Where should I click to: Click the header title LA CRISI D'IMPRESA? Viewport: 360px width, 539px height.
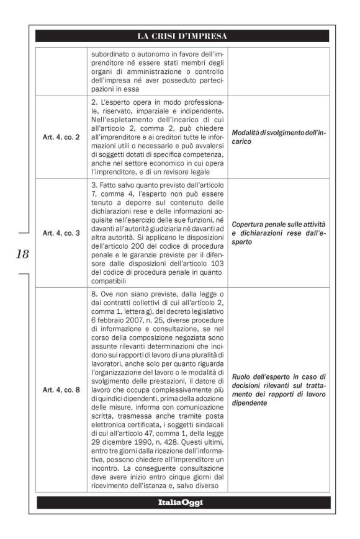[x=182, y=35]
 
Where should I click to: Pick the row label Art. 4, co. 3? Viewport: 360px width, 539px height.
[x=62, y=233]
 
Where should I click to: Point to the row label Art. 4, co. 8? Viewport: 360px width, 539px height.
[x=62, y=390]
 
